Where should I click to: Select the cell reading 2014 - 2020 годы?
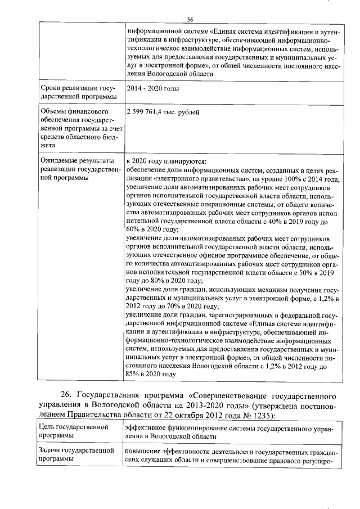tap(153, 89)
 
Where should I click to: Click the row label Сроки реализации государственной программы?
tap(78, 93)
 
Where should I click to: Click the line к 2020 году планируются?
tap(166, 161)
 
